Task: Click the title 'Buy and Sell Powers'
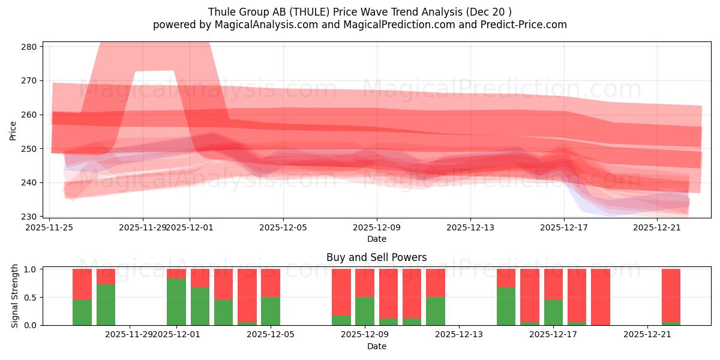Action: [x=376, y=257]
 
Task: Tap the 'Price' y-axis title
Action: [x=13, y=130]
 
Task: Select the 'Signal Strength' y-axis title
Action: [x=15, y=296]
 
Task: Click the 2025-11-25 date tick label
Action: [x=50, y=227]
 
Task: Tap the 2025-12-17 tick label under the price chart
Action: [x=564, y=227]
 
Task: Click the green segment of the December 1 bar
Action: [x=176, y=302]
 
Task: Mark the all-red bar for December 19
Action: [x=601, y=297]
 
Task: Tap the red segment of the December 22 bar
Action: [x=671, y=295]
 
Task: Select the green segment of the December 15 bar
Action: [x=506, y=306]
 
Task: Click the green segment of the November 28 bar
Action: [x=106, y=305]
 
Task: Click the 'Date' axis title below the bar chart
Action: [x=376, y=346]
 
